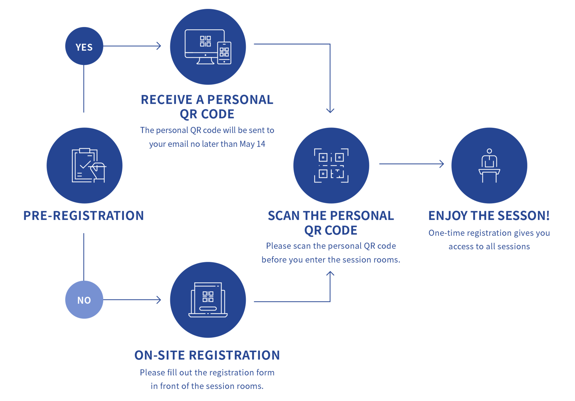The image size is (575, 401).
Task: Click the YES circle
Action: (x=84, y=46)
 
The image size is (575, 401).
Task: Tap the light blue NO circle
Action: (x=84, y=300)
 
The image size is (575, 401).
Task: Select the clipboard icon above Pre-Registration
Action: (x=89, y=165)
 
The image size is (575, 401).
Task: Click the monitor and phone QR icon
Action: (x=208, y=47)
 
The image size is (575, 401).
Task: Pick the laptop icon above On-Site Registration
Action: (x=208, y=300)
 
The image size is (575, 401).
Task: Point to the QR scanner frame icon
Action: (x=331, y=165)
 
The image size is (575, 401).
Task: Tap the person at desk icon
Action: (x=489, y=165)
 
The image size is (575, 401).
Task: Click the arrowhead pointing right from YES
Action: (x=159, y=46)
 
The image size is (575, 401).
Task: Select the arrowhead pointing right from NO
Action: (x=159, y=300)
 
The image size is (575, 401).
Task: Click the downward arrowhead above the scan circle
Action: (x=330, y=110)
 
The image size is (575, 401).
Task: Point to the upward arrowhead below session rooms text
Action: (x=330, y=273)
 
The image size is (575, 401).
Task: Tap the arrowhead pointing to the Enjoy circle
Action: (x=442, y=164)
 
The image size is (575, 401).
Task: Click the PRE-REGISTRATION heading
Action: (x=84, y=216)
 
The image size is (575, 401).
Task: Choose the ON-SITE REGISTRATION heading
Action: (x=207, y=355)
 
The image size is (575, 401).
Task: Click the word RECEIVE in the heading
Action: (x=167, y=100)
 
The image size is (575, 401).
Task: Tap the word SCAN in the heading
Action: (x=284, y=216)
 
